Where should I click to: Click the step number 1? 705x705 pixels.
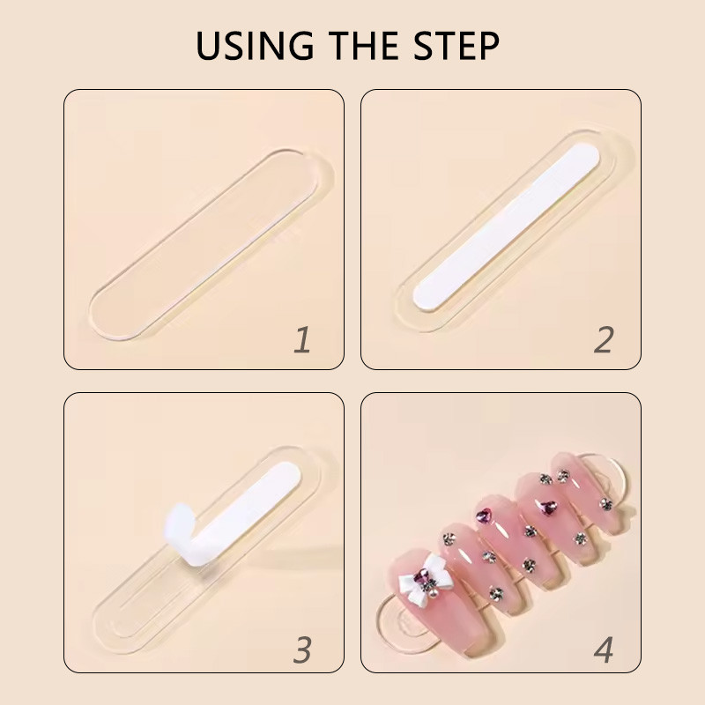pos(302,339)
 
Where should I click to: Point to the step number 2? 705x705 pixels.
pos(604,339)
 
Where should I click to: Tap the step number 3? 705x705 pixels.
pos(302,649)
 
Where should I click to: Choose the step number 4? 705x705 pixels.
pos(604,649)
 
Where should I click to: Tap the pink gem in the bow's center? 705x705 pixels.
pos(422,575)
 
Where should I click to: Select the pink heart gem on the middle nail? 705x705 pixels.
pos(484,516)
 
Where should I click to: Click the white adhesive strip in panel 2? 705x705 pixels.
pos(506,226)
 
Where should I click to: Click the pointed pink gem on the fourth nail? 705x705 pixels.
pos(548,508)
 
